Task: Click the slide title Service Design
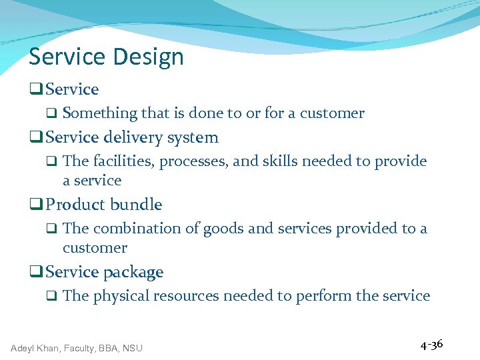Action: coord(106,57)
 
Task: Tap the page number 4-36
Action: coord(431,345)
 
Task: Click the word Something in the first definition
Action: coord(99,113)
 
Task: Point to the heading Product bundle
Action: coord(104,205)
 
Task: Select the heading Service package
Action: coord(105,272)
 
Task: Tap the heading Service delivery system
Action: coord(132,137)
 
